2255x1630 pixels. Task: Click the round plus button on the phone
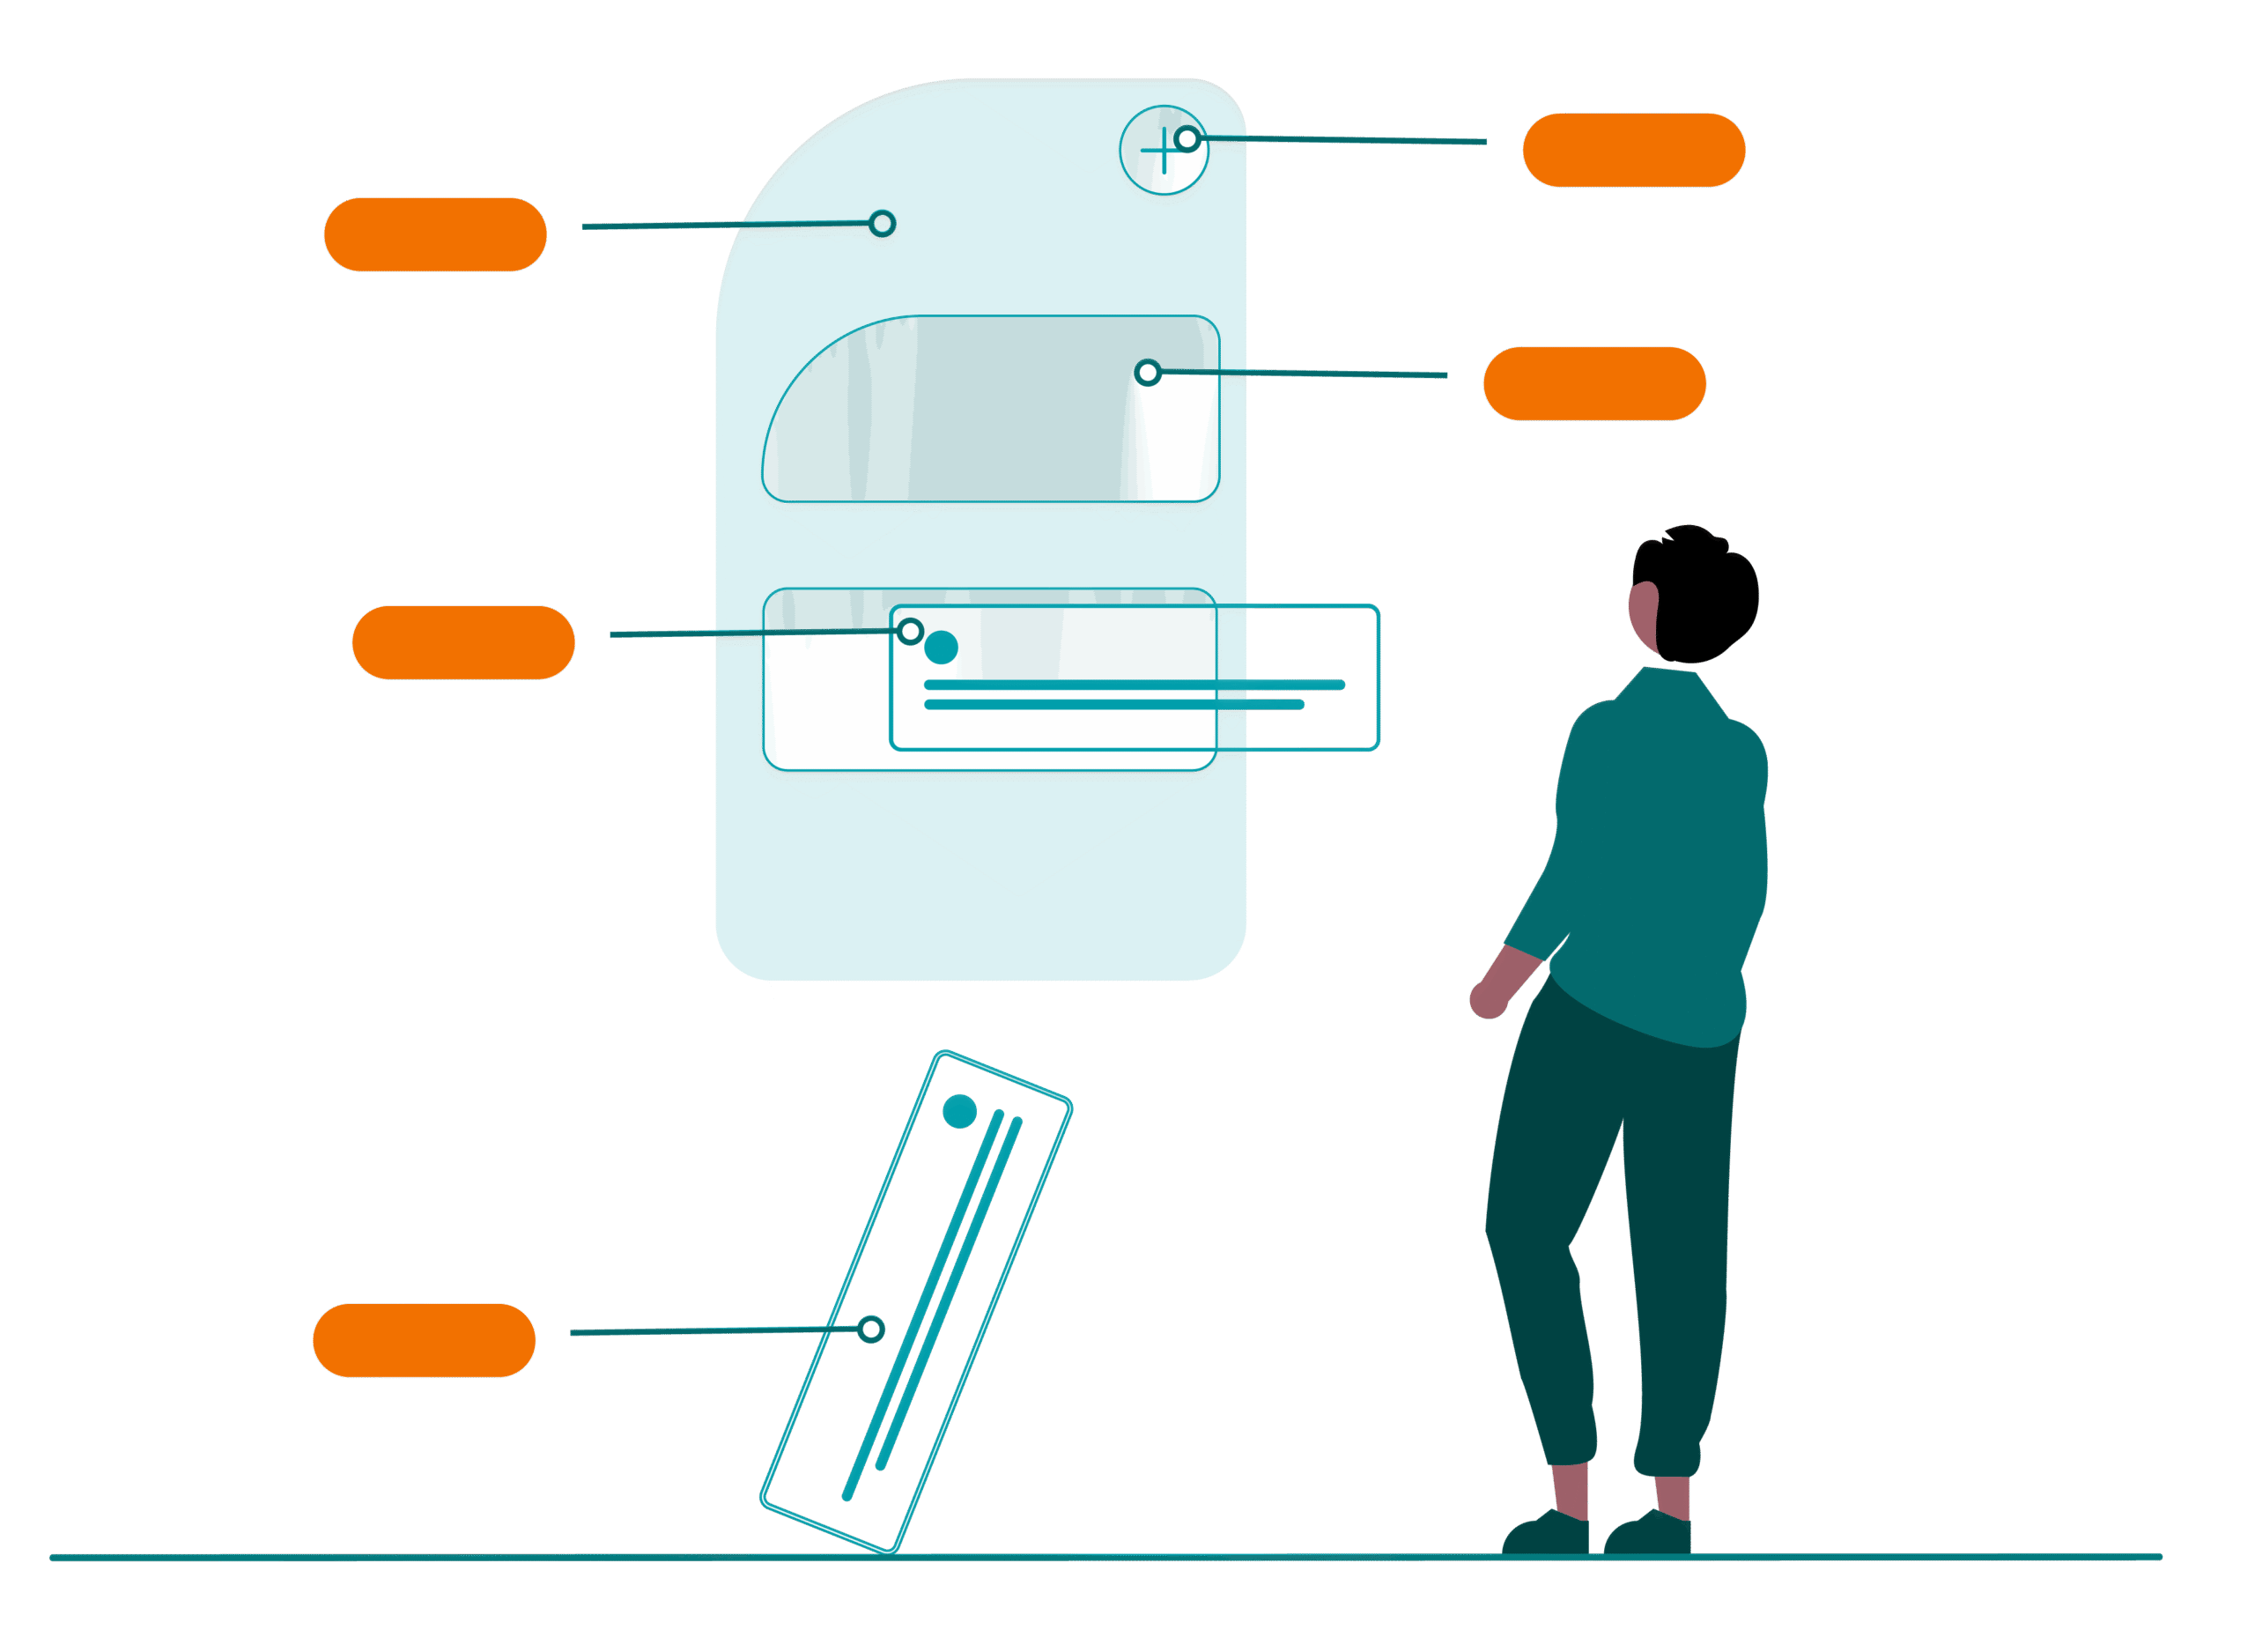[x=1161, y=152]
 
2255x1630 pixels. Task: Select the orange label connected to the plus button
[x=1634, y=150]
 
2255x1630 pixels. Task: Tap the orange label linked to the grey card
[x=1593, y=384]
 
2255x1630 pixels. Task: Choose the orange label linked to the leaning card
[x=424, y=1341]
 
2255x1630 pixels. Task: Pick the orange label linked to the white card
[x=463, y=642]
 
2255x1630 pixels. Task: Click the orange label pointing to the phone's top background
[x=435, y=234]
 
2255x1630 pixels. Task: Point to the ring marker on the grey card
[x=1148, y=373]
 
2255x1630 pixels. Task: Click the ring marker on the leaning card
[x=871, y=1330]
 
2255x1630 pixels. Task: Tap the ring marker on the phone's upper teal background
[x=882, y=226]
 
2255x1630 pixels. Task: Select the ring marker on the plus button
[x=1187, y=139]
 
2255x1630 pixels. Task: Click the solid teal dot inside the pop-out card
[x=941, y=648]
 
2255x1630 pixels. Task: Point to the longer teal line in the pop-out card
[x=1134, y=685]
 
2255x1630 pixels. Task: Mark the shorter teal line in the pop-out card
[x=1113, y=705]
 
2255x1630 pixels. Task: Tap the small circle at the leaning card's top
[x=959, y=1111]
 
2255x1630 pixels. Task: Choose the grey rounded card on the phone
[x=994, y=410]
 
